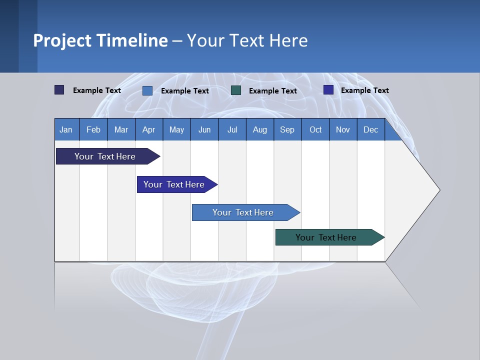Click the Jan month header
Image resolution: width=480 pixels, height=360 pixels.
[x=66, y=129]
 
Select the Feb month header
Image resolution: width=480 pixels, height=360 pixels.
[x=93, y=129]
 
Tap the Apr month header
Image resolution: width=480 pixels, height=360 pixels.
[x=148, y=129]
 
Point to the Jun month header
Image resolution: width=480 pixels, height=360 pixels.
[x=204, y=129]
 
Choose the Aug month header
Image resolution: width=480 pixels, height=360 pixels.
[x=259, y=129]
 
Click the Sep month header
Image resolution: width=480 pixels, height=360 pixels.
[x=287, y=129]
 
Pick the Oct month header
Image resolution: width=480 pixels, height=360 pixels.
[x=315, y=129]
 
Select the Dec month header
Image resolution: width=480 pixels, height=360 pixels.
[x=370, y=129]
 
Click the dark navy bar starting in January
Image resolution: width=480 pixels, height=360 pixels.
[x=105, y=156]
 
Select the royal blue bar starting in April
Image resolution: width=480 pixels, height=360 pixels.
[x=174, y=184]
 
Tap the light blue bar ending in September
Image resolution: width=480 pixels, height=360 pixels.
[x=243, y=212]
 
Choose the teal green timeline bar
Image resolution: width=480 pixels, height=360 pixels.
[x=326, y=237]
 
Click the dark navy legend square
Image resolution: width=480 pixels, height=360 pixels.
[x=59, y=90]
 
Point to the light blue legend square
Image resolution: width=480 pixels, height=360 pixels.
[x=147, y=90]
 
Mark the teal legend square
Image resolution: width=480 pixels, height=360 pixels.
[x=236, y=90]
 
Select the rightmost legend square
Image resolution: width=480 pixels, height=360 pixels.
[x=328, y=90]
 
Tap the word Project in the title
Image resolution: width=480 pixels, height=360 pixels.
[x=62, y=40]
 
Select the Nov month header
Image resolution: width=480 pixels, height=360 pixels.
[x=342, y=129]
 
